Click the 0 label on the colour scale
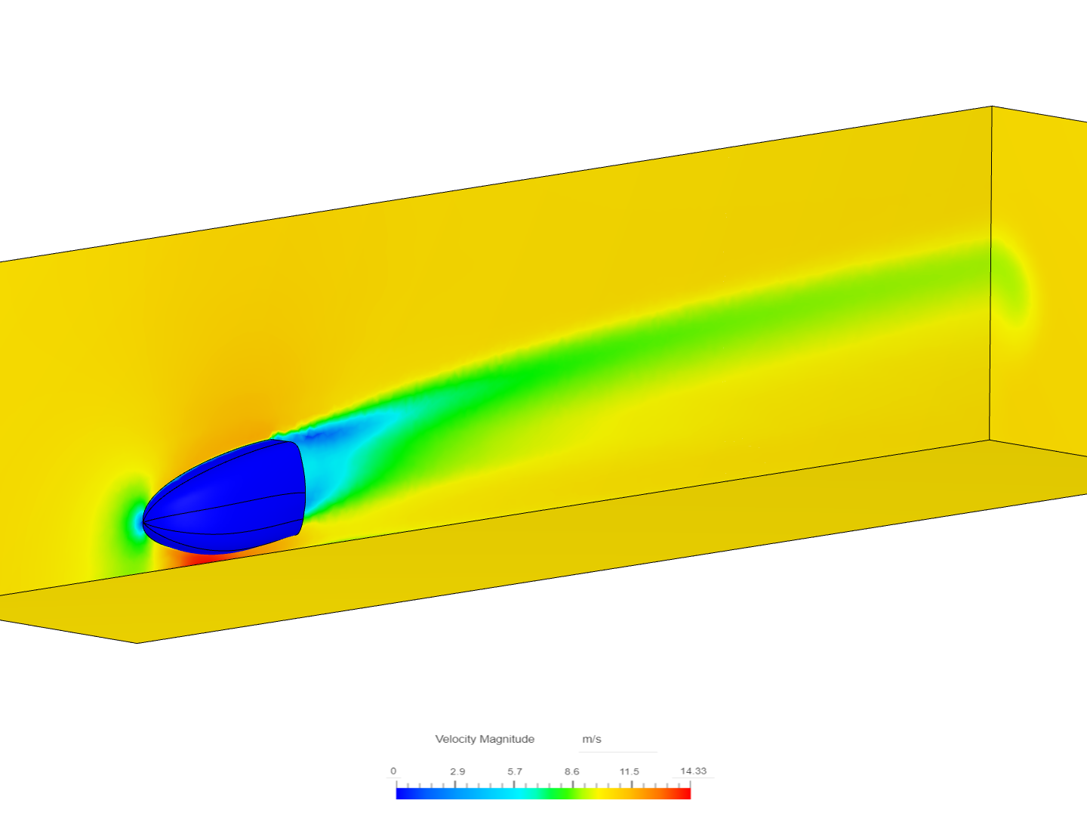pyautogui.click(x=393, y=771)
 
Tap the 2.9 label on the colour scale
pyautogui.click(x=457, y=771)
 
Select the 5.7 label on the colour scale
pyautogui.click(x=515, y=771)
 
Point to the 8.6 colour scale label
pyautogui.click(x=571, y=771)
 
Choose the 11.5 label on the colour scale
pyautogui.click(x=629, y=771)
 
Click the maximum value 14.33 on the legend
pyautogui.click(x=693, y=771)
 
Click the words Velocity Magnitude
pyautogui.click(x=485, y=739)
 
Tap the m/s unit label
pyautogui.click(x=592, y=739)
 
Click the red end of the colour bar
pyautogui.click(x=685, y=793)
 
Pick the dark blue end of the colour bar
pyautogui.click(x=402, y=793)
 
